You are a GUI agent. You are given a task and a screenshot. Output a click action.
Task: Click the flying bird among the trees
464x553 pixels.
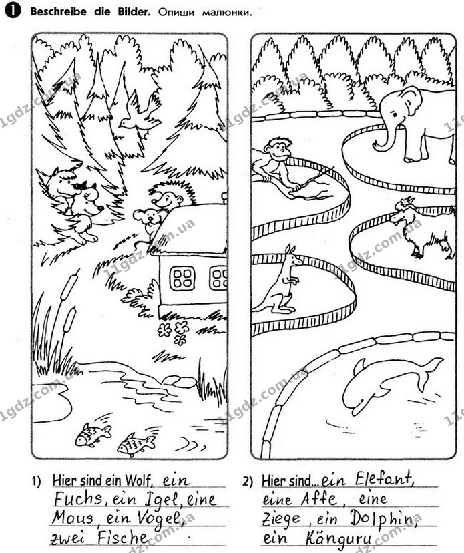pyautogui.click(x=139, y=113)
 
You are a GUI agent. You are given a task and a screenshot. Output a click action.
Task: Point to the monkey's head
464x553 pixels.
pyautogui.click(x=278, y=148)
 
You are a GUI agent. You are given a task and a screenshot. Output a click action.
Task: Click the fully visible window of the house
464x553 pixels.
pyautogui.click(x=182, y=278)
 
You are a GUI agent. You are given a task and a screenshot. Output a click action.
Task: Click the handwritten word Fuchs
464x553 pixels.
pyautogui.click(x=77, y=500)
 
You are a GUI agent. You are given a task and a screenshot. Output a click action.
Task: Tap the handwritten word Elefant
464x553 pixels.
pyautogui.click(x=384, y=479)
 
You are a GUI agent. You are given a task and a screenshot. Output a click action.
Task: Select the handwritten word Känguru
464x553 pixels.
pyautogui.click(x=338, y=540)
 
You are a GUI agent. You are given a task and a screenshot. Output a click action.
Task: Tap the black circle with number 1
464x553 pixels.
pyautogui.click(x=13, y=11)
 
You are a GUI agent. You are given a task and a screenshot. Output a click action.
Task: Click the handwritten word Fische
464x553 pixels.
pyautogui.click(x=122, y=538)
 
